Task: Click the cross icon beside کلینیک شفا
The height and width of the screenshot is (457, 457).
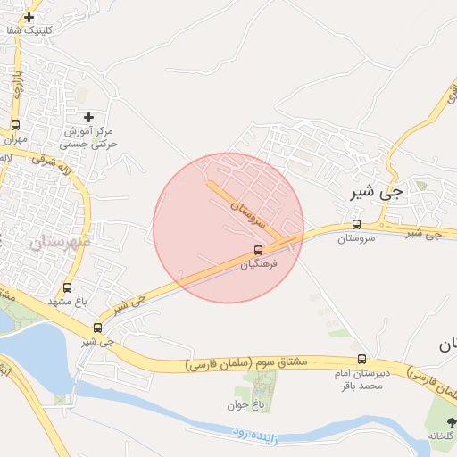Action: [29, 17]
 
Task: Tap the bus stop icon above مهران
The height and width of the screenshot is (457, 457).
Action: [15, 126]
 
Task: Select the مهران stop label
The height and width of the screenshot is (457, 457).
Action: [15, 140]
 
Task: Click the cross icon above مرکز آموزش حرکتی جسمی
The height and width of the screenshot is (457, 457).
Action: [87, 117]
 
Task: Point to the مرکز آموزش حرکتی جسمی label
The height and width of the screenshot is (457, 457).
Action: [89, 137]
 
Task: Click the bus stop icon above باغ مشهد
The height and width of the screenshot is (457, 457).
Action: [68, 288]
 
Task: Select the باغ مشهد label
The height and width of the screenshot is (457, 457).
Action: [68, 303]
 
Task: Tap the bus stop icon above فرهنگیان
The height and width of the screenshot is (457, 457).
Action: [259, 251]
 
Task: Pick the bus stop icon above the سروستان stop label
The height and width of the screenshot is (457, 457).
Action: [357, 225]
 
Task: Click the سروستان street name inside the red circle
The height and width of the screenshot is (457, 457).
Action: [248, 211]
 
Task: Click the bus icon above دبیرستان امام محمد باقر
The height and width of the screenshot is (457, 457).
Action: [361, 359]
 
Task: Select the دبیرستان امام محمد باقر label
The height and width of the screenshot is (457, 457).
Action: [361, 380]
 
